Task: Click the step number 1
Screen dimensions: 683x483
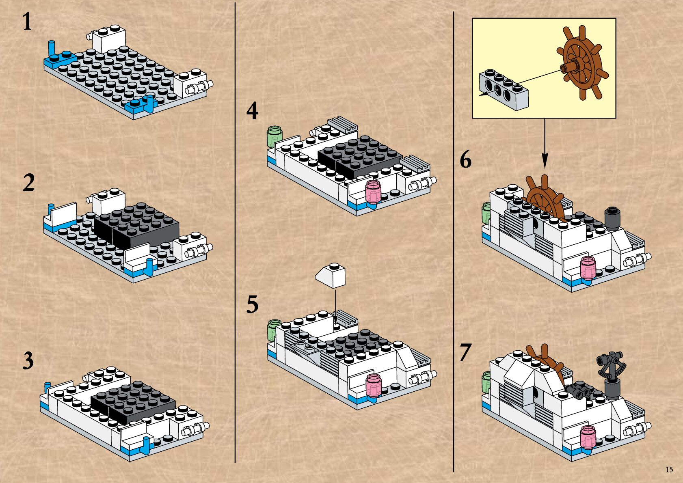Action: pyautogui.click(x=27, y=22)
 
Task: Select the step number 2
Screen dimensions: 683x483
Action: pyautogui.click(x=28, y=183)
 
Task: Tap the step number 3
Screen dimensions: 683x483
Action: pyautogui.click(x=28, y=361)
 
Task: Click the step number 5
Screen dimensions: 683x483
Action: pyautogui.click(x=252, y=304)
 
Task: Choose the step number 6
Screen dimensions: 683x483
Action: pyautogui.click(x=465, y=160)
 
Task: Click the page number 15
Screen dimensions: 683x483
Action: pyautogui.click(x=669, y=470)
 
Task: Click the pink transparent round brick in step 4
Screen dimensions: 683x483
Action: pyautogui.click(x=374, y=192)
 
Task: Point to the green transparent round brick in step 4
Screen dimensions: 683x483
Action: pyautogui.click(x=274, y=137)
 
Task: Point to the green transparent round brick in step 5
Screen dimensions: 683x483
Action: pyautogui.click(x=274, y=329)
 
